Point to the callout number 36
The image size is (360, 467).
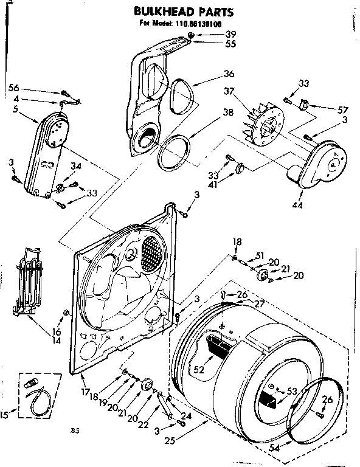point(229,75)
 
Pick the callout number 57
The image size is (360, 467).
point(344,109)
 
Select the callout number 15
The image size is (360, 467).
point(5,415)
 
